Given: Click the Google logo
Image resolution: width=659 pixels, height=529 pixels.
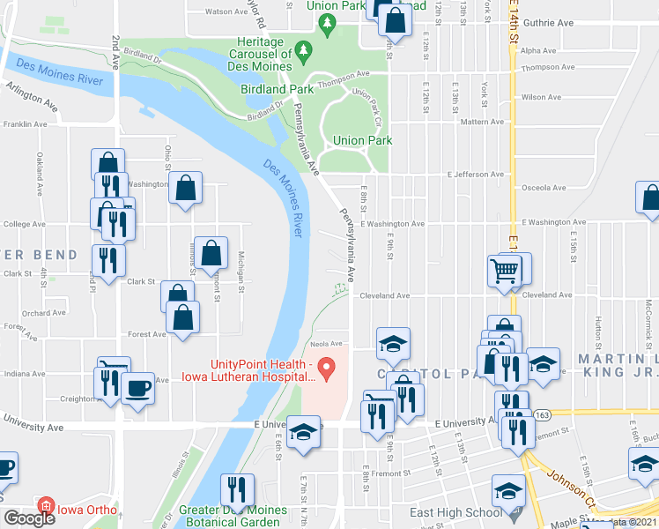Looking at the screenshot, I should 29,518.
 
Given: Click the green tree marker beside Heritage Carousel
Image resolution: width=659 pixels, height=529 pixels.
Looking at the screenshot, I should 306,49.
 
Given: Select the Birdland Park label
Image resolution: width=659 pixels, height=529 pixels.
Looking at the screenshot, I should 278,89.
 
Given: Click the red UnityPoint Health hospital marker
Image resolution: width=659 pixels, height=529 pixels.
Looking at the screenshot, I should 326,366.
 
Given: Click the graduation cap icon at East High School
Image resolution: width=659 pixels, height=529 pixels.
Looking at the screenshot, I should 508,490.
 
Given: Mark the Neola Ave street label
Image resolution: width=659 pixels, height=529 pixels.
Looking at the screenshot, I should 323,344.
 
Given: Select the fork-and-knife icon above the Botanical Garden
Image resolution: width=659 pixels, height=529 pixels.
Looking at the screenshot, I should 236,488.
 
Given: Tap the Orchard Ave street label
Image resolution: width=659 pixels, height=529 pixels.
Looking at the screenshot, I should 44,312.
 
